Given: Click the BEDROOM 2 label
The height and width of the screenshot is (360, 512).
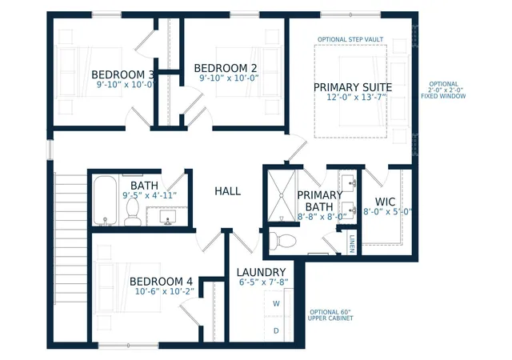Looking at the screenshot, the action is coord(226,68).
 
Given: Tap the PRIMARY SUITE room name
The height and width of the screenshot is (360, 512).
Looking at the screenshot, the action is coord(353,87).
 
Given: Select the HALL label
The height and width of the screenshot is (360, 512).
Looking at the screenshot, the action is coord(227,191).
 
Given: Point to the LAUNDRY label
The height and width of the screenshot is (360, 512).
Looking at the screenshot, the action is coord(262,272).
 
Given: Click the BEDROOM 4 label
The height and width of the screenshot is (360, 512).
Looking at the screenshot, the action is coord(161,282).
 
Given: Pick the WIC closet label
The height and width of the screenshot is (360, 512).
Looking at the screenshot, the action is coord(386,202).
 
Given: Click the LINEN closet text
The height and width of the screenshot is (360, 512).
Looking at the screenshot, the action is coord(352,244).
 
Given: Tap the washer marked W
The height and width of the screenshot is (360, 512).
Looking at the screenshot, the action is coord(276,303).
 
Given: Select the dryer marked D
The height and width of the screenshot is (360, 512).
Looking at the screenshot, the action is coord(276,330).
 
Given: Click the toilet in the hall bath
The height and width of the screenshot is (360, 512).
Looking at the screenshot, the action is coord(133,212).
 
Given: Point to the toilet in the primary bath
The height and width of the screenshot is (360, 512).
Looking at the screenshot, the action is coord(282,241).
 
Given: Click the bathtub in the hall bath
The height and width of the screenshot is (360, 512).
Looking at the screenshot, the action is coord(105,201).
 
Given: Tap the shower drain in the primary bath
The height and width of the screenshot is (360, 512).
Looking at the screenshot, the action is coord(281,196).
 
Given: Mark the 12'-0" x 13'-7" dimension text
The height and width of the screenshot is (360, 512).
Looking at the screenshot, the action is coord(357,98).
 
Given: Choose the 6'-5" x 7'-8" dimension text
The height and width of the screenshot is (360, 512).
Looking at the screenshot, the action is coord(263,282).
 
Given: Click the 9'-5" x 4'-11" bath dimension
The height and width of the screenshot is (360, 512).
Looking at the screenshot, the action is coord(150,195).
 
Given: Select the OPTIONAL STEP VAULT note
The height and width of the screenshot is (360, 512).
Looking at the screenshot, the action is coord(350,39).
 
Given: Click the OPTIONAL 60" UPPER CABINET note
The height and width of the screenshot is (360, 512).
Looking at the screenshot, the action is coord(330,315).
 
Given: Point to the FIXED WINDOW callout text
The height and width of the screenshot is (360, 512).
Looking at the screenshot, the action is coord(443,96).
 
